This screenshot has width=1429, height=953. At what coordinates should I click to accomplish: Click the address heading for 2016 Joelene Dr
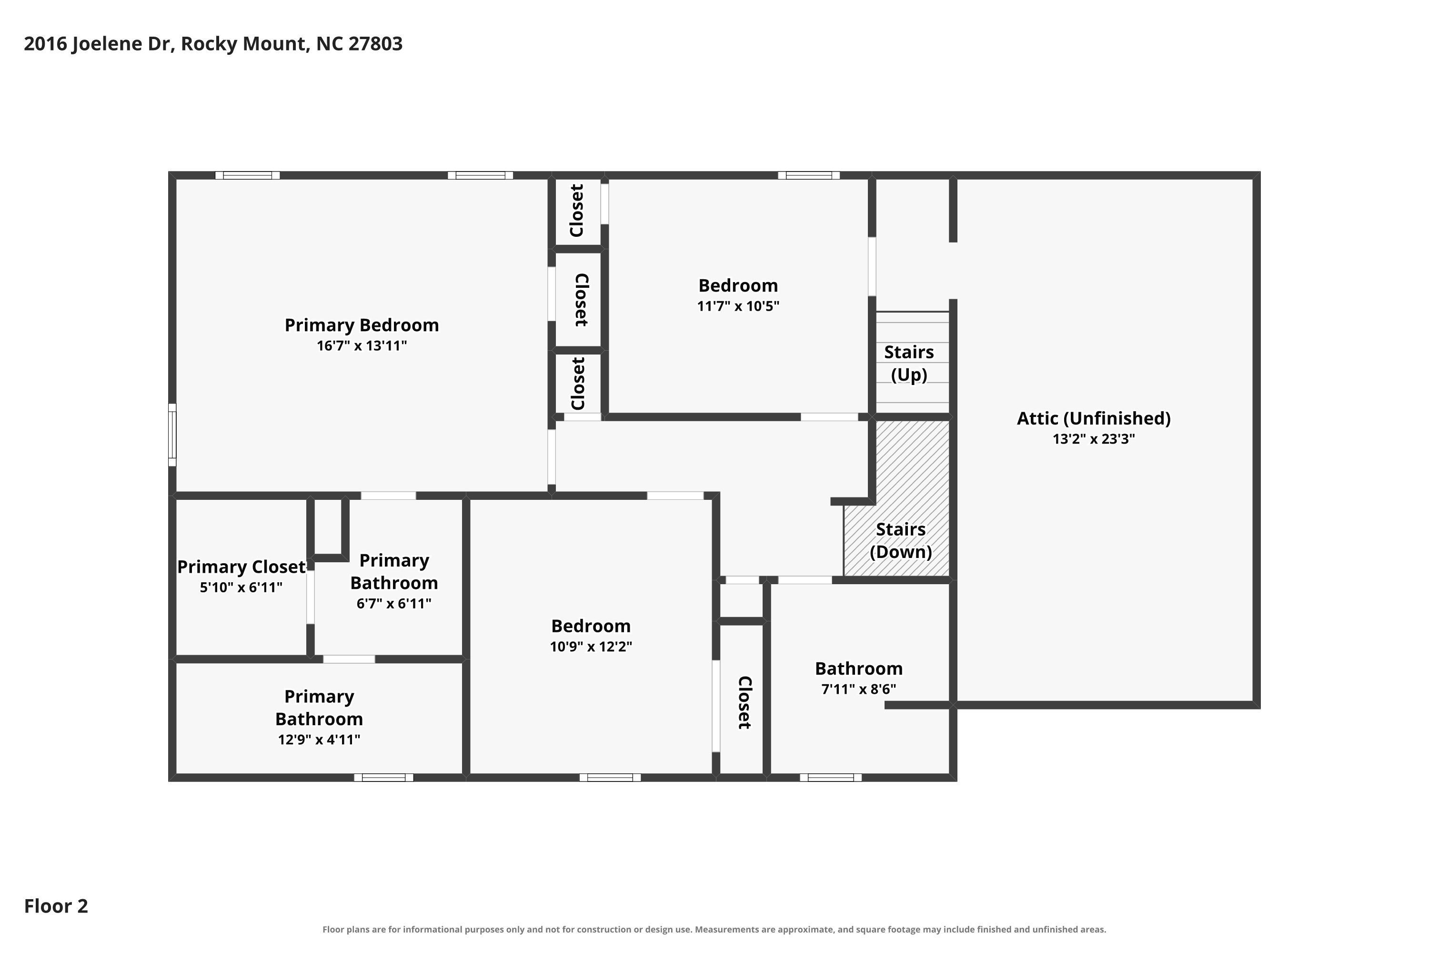coord(213,44)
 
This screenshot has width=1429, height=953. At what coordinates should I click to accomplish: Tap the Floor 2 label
coord(56,906)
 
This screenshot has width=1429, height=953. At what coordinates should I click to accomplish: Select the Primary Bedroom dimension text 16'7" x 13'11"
coord(362,346)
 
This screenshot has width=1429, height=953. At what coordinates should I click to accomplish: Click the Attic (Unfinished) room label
coord(1094,419)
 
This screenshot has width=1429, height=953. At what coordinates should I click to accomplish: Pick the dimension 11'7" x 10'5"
coord(738,306)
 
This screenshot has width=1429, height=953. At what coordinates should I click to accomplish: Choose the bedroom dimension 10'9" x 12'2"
coord(591,647)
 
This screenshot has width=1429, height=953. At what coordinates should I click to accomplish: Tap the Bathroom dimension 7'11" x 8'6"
coord(858,689)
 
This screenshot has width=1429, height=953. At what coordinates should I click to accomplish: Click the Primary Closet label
coord(241,567)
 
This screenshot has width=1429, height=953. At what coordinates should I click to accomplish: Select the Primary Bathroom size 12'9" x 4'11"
coord(319,740)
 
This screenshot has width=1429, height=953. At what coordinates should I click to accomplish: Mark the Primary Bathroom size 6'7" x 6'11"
coord(394,604)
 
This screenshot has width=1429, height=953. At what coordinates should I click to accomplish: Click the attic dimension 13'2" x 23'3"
coord(1094,439)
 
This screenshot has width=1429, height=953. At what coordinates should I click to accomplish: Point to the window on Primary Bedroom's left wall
coord(172,435)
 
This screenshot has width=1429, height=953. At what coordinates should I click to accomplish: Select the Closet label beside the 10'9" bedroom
coord(744,702)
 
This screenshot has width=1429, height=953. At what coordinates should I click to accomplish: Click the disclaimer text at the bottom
coord(714,930)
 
